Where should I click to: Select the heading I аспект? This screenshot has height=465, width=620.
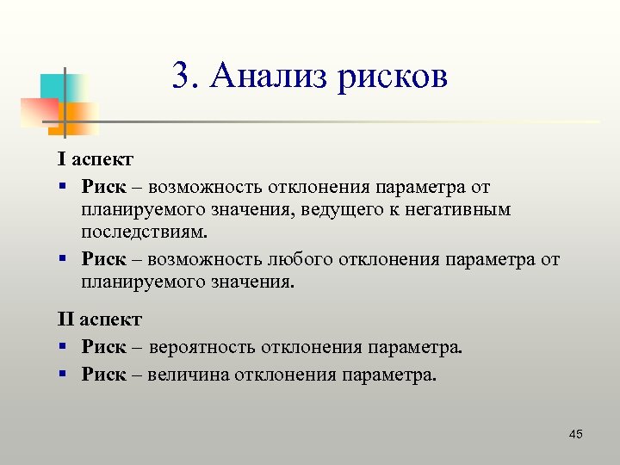click(x=95, y=159)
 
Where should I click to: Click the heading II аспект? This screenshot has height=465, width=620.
click(x=99, y=319)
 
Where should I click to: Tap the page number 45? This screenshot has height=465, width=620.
click(x=575, y=433)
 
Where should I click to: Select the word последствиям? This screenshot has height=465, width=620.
click(x=145, y=232)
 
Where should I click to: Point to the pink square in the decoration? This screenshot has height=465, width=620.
click(x=36, y=112)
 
